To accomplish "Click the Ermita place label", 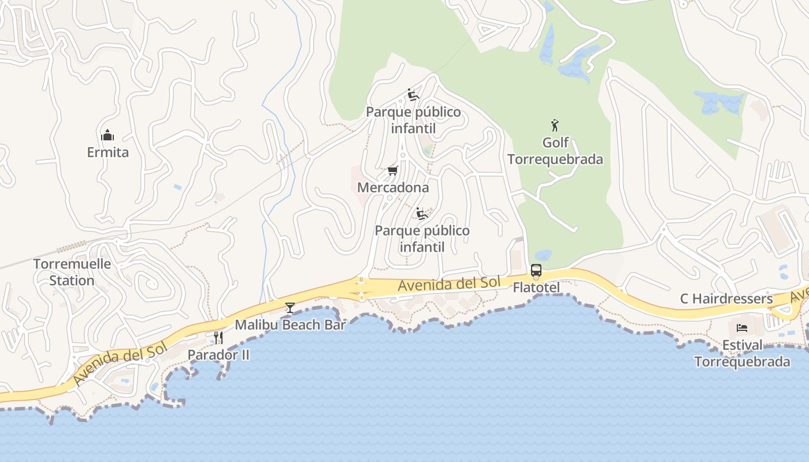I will click(x=107, y=152).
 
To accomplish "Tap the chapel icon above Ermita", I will click(x=107, y=136).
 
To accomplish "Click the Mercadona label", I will click(x=393, y=188).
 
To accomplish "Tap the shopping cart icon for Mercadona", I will click(x=393, y=170).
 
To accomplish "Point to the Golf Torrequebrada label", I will click(x=555, y=151).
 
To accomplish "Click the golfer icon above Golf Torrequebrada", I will click(x=555, y=125).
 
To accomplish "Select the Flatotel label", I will click(x=536, y=287).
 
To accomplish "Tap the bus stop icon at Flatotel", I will click(x=536, y=270).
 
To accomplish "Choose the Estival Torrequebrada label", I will click(x=742, y=353).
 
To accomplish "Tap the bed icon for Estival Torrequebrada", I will click(x=742, y=329).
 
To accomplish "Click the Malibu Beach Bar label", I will click(x=290, y=325).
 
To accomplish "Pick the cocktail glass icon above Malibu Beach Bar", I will click(x=290, y=308).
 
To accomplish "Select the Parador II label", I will click(x=218, y=355).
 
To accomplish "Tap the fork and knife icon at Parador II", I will click(x=218, y=337).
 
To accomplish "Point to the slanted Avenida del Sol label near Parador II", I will click(x=120, y=363).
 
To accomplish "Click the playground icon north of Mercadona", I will click(x=413, y=95).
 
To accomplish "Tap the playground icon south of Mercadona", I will click(x=422, y=214).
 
